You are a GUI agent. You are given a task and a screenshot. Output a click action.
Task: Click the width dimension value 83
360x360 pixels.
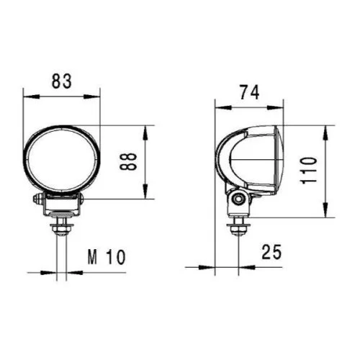(x=63, y=81)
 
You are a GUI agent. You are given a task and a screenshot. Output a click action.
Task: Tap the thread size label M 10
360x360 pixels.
(x=107, y=256)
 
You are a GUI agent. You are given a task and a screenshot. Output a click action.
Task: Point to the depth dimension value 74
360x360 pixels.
(x=249, y=91)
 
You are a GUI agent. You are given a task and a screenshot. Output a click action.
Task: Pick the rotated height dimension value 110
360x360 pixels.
(x=308, y=171)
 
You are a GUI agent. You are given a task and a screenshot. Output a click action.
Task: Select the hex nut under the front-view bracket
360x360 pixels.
(x=63, y=230)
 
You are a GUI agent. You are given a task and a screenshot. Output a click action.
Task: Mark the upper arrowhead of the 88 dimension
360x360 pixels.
(x=148, y=130)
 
